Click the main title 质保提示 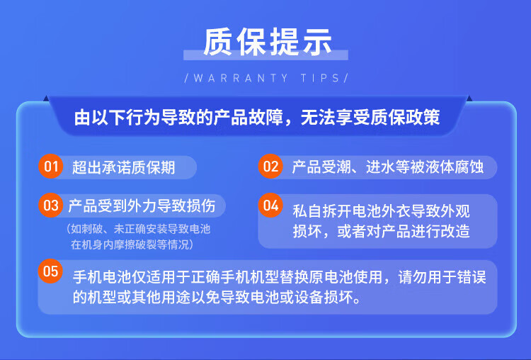coord(267,42)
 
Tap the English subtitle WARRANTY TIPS coord(266,78)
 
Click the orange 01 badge coord(51,167)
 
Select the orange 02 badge coord(270,167)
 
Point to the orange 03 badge coord(51,205)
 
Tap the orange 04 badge coord(270,205)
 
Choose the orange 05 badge coord(50,271)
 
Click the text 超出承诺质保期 coord(124,167)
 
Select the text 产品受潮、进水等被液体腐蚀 coord(388,167)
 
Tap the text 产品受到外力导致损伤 coord(142,206)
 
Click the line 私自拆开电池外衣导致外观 coord(382,211)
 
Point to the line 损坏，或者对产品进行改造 coord(382,231)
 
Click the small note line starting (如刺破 coord(138,229)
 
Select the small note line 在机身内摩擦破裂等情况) coord(132,244)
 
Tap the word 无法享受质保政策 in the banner coord(370,118)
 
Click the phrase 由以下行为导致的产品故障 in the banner coord(178,118)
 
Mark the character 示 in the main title coord(316,42)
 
